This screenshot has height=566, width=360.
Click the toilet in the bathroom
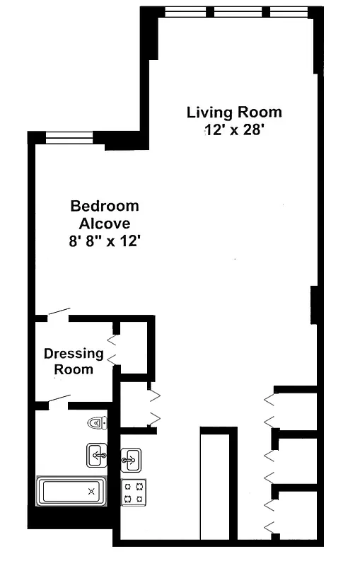tap(98, 423)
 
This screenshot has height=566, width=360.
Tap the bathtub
tap(71, 490)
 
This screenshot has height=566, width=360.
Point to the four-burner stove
tap(134, 492)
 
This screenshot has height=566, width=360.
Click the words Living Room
tap(234, 112)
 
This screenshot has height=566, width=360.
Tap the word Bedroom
tap(104, 207)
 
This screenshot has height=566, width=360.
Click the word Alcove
tap(104, 223)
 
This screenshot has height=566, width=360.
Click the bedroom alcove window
tap(69, 138)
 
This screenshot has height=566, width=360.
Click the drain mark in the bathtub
tap(91, 490)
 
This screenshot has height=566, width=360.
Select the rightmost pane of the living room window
tap(289, 11)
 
